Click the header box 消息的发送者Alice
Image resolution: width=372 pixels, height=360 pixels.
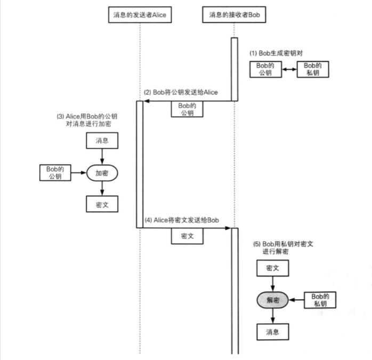(x=140, y=15)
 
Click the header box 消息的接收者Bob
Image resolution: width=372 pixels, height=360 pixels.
(x=234, y=15)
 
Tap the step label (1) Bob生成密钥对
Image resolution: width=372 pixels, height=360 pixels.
(x=280, y=53)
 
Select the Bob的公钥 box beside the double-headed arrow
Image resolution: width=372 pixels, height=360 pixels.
(x=265, y=69)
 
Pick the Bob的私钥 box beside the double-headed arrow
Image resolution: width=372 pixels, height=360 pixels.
(x=312, y=69)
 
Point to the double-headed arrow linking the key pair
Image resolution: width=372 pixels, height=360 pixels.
(x=289, y=69)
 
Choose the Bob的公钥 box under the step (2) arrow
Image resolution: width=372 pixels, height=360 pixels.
(x=187, y=109)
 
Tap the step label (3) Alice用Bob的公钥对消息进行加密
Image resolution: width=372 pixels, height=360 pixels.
(x=87, y=119)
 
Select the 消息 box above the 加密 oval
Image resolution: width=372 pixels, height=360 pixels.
(x=102, y=141)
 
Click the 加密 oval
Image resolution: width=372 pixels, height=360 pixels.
(x=102, y=173)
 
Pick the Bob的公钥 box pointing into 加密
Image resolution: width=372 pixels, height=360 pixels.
(x=55, y=172)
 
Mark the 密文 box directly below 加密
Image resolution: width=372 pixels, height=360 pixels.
(x=102, y=204)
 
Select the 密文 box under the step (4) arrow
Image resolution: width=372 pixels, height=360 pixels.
(x=187, y=236)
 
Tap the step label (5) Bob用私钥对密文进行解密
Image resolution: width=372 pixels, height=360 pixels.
(x=283, y=247)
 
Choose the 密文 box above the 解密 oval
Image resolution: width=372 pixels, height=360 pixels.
(x=273, y=268)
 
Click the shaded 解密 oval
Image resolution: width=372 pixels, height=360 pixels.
(x=273, y=300)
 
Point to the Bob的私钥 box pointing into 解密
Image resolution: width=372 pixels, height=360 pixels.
(x=320, y=300)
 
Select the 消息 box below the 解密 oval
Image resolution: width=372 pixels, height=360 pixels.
(x=273, y=331)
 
